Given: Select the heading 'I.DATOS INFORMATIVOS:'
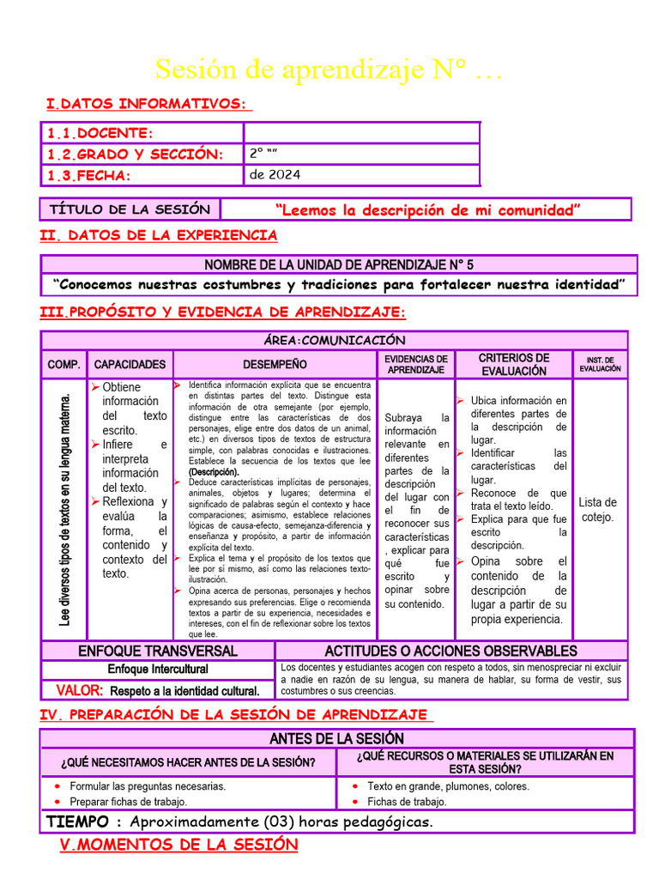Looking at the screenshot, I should pos(148,104).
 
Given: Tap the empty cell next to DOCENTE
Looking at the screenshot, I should pos(360,133).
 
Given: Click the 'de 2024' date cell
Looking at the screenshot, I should pos(275,175).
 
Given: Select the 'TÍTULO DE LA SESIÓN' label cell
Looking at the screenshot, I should pos(130,209).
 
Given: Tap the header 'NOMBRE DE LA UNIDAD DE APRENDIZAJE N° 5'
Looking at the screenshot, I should pos(338,264).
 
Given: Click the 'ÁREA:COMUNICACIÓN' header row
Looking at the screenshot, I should pos(334,340).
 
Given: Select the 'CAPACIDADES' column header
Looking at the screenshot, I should pos(130,365).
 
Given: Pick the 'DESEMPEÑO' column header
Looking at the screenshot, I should pos(274,365).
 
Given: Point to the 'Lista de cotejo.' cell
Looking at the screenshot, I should pos(597,509).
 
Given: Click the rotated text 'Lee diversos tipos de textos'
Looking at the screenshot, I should pos(65,508).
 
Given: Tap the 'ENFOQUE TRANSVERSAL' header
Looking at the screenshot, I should pos(158,652).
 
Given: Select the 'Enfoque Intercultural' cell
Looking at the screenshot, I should pos(158,670).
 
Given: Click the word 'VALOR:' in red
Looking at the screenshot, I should pos(80,690).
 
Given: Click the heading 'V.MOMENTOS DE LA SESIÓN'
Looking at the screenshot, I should pos(178,845).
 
